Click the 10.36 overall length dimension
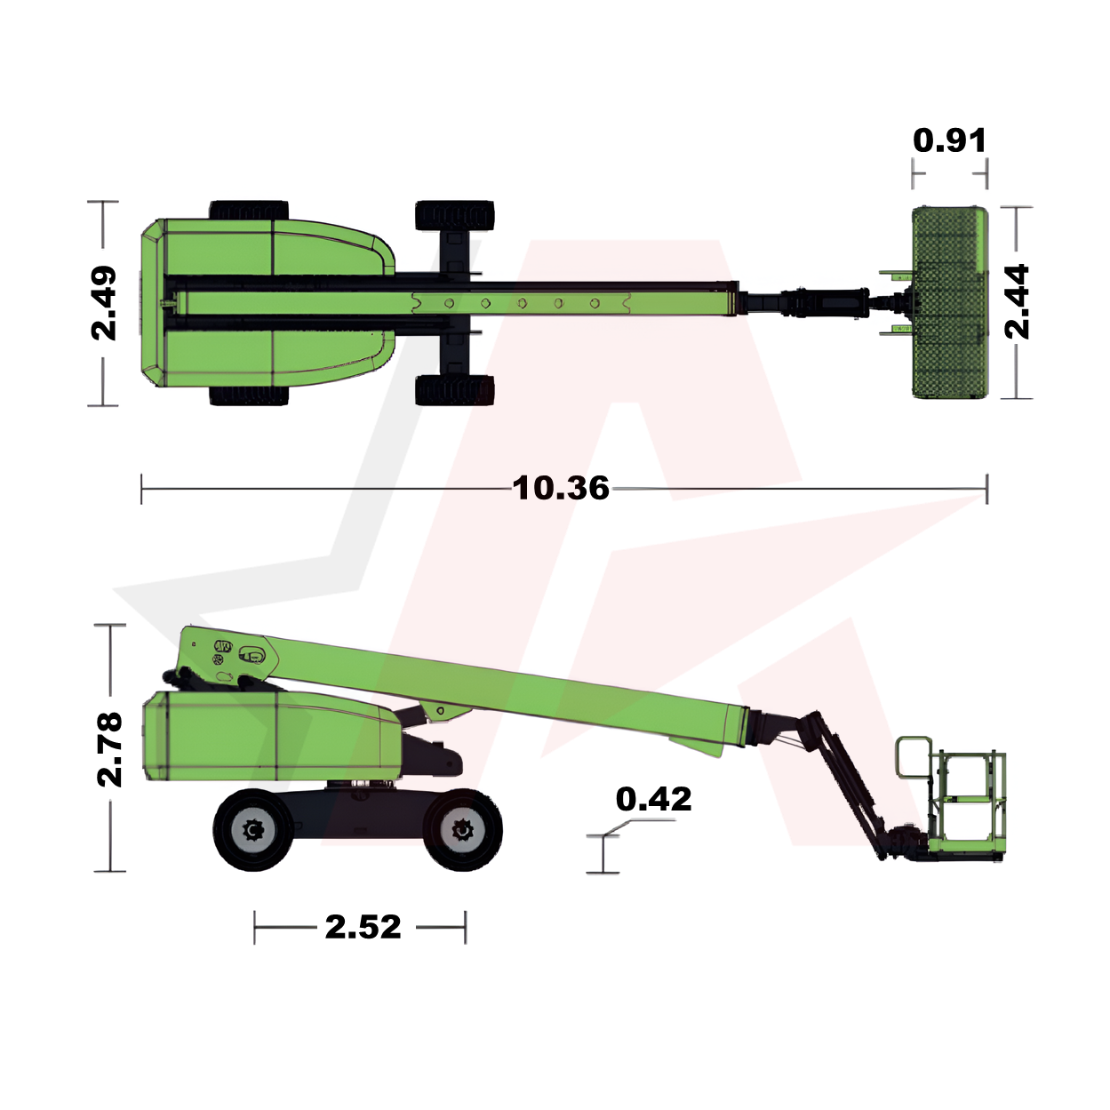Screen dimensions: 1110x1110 point(561,489)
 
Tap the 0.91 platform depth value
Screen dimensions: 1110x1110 point(950,140)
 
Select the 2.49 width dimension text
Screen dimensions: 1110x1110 point(104,303)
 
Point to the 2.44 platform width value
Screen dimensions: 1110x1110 point(1016,301)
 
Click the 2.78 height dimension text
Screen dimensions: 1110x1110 point(109,749)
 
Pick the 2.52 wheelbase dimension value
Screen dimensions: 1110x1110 point(363,927)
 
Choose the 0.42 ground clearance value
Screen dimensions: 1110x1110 point(654,799)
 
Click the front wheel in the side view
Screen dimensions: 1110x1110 point(462,829)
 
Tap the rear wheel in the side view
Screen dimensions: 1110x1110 point(253,830)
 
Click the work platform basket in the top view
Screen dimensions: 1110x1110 point(950,302)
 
